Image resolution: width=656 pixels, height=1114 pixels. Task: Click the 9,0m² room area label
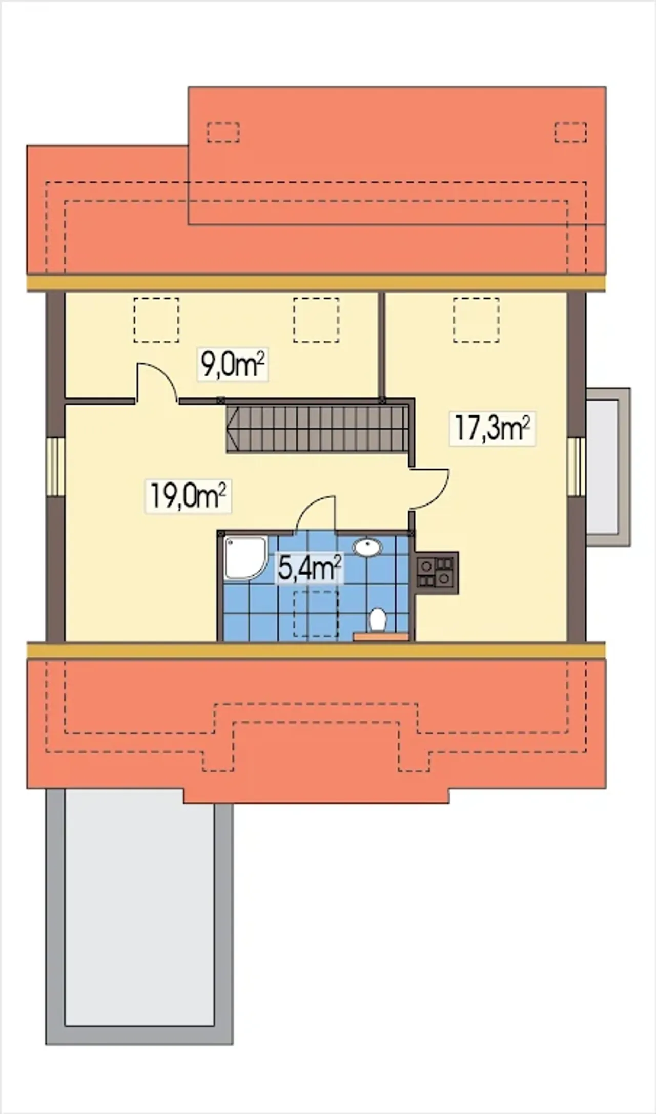(233, 365)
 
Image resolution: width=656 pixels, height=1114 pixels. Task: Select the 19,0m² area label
(188, 495)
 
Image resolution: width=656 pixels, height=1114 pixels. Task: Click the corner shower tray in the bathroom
(245, 558)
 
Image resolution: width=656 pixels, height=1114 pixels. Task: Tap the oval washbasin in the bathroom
(367, 547)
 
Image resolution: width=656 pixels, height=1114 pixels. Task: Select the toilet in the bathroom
(378, 620)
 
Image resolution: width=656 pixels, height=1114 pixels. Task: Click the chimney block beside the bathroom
(437, 572)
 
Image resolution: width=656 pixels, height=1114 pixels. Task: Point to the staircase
(318, 428)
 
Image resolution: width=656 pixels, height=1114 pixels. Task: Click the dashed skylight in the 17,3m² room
(476, 320)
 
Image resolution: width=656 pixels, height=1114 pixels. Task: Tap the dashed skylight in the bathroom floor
(316, 614)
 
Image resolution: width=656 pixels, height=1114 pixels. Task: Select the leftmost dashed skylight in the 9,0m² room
(156, 320)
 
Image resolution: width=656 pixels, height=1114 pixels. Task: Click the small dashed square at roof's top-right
(570, 132)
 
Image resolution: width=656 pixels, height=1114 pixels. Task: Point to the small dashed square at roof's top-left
(223, 132)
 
